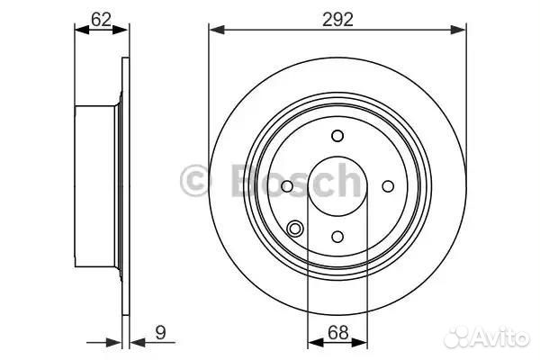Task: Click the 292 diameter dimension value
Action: point(337,20)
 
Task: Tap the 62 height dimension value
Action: point(101,20)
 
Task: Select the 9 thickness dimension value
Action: point(160,332)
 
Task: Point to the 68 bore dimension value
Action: point(337,333)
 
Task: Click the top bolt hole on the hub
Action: point(337,136)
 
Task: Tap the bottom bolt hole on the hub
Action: point(337,237)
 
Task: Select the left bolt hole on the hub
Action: point(287,186)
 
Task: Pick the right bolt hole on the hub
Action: point(388,186)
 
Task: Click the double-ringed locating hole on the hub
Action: point(295,229)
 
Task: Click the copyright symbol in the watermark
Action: point(195,180)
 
